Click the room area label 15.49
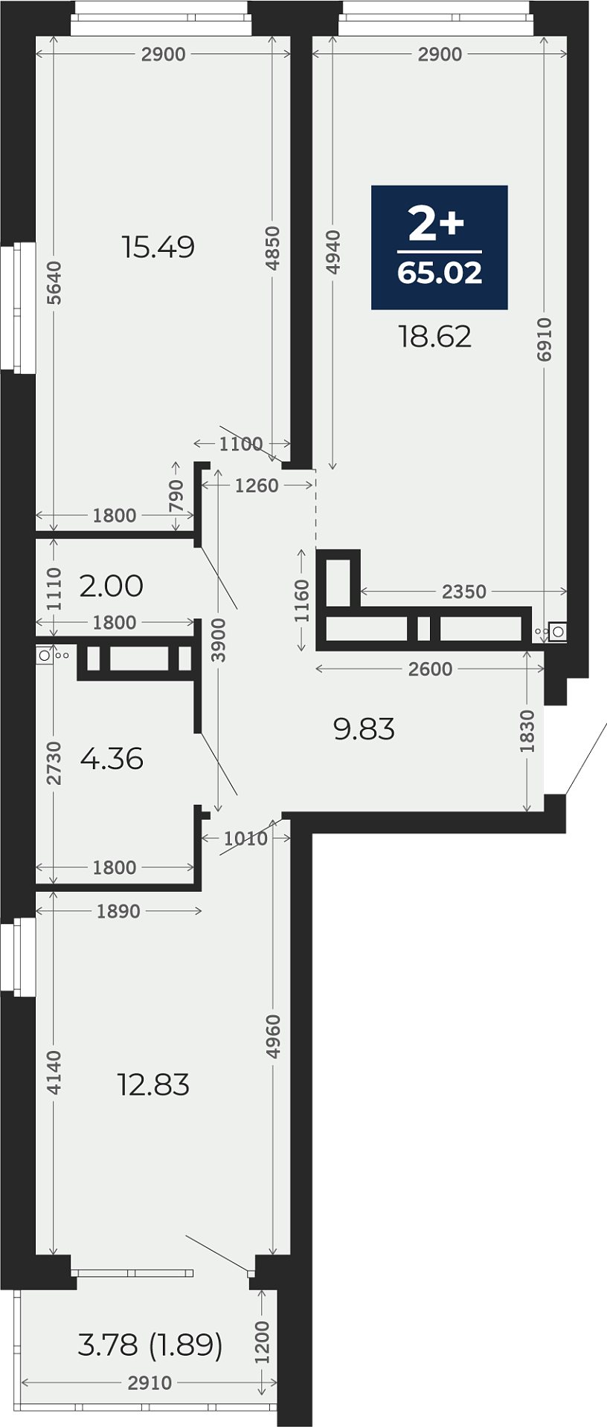pos(158,247)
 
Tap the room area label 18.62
pos(435,337)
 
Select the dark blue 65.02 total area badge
pos(440,247)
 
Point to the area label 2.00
pos(112,586)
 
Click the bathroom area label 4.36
pos(112,759)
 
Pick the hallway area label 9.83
pos(364,729)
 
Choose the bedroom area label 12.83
pos(154,1085)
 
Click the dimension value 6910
pos(545,340)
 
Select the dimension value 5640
pos(54,282)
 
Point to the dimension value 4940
pos(333,253)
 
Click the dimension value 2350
pos(464,592)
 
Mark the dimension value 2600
pos(431,669)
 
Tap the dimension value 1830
pos(527,731)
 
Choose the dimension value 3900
pos(218,640)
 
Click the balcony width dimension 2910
pos(150,1383)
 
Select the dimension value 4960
pos(274,1037)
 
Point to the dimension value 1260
pos(257,485)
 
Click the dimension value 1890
pos(118,911)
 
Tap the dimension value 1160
pos(301,601)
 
